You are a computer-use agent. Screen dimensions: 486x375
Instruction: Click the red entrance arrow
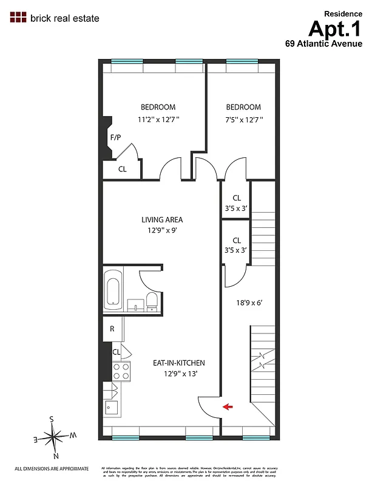(x=228, y=407)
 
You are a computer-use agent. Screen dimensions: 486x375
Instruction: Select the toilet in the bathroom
(x=152, y=302)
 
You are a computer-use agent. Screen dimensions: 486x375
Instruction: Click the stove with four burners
(x=121, y=371)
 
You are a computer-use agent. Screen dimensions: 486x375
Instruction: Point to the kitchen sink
(x=112, y=407)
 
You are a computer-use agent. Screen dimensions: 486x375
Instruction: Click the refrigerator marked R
(x=112, y=329)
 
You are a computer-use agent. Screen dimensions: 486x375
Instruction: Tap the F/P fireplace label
(x=115, y=137)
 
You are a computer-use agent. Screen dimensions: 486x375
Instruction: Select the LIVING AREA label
(x=162, y=220)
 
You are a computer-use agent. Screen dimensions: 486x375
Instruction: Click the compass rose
(x=55, y=436)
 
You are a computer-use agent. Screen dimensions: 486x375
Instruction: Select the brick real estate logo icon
(x=18, y=18)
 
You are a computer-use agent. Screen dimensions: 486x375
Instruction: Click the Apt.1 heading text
(x=336, y=29)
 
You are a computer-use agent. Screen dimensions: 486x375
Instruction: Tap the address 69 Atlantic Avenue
(x=324, y=44)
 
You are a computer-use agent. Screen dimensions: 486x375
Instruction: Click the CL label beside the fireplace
(x=122, y=169)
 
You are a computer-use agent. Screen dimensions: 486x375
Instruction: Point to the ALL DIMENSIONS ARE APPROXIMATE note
(x=52, y=468)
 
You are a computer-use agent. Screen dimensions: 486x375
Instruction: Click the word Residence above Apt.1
(x=343, y=13)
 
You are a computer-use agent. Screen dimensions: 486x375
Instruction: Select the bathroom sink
(x=135, y=303)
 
